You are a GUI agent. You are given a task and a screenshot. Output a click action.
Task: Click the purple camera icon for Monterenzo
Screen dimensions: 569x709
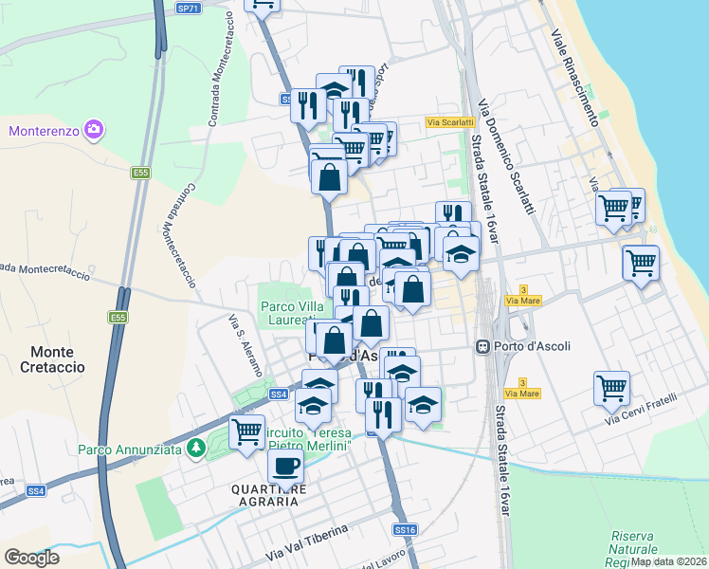pyautogui.click(x=94, y=129)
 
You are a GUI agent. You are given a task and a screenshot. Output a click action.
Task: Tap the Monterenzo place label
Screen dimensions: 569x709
pyautogui.click(x=45, y=130)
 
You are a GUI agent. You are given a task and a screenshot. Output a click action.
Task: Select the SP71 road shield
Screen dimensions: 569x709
pyautogui.click(x=189, y=8)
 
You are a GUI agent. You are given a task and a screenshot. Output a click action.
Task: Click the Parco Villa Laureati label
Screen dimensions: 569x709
pyautogui.click(x=295, y=313)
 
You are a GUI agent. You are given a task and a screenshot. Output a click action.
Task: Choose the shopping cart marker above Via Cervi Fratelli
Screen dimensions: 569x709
pyautogui.click(x=611, y=387)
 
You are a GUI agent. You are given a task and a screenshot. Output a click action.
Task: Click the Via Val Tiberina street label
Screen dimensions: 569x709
pyautogui.click(x=307, y=541)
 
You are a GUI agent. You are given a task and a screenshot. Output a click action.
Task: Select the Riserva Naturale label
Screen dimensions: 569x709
pyautogui.click(x=634, y=542)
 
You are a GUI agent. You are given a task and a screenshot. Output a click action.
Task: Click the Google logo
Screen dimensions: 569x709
pyautogui.click(x=31, y=557)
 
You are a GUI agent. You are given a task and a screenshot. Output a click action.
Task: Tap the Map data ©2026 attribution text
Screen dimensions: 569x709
pyautogui.click(x=668, y=561)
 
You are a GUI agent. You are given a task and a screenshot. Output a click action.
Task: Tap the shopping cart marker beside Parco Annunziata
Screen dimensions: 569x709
pyautogui.click(x=247, y=432)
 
